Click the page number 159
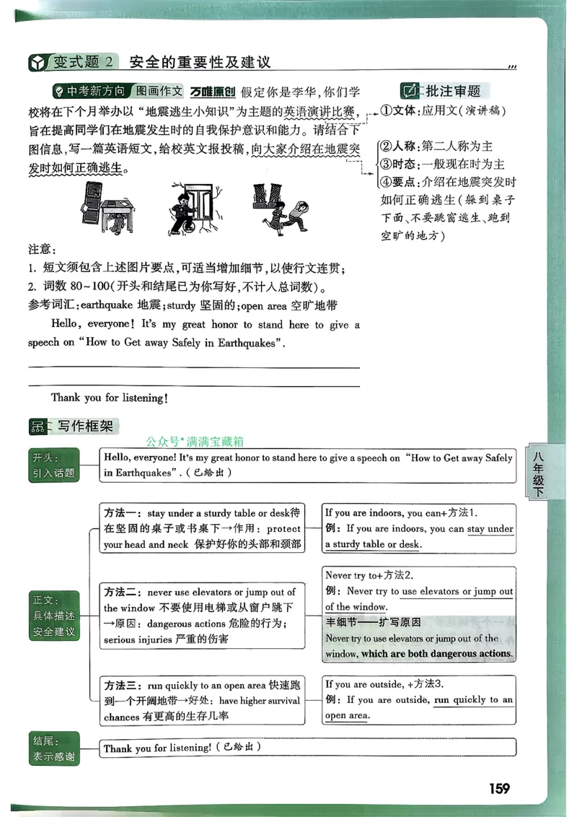pyautogui.click(x=498, y=788)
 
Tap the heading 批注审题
pyautogui.click(x=453, y=91)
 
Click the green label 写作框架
pyautogui.click(x=85, y=427)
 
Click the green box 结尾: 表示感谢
pyautogui.click(x=54, y=748)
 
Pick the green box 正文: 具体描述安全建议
pyautogui.click(x=54, y=616)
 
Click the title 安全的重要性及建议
pyautogui.click(x=200, y=62)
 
